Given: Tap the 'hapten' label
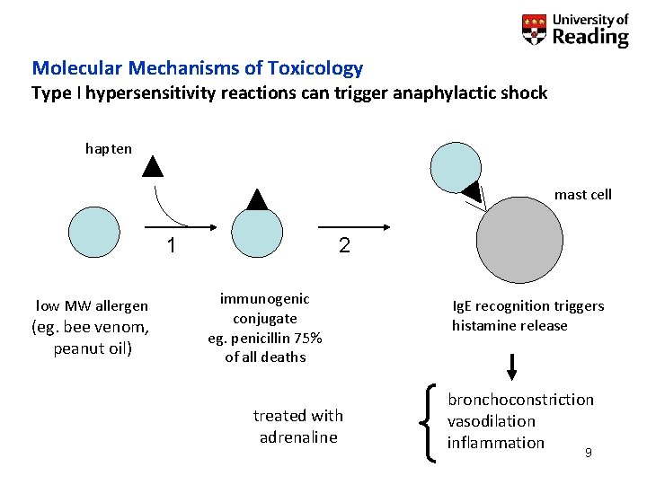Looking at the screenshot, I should [x=109, y=148].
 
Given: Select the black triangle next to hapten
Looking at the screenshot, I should [x=154, y=166].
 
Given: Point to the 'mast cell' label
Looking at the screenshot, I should [x=582, y=194].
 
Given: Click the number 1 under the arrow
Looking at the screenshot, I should [x=172, y=245].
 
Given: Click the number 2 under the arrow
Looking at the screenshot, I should [x=344, y=245].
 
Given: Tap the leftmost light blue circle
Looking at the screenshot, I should [x=94, y=233].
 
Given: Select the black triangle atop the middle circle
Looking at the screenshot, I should [x=257, y=198].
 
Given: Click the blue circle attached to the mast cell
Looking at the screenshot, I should [x=456, y=164].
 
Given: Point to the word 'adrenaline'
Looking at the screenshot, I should [x=298, y=437].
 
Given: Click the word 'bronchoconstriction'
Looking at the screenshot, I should [x=521, y=399].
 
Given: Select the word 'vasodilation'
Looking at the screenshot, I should [x=492, y=420].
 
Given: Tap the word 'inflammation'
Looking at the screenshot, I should [x=496, y=442].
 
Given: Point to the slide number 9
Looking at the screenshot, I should [x=588, y=453].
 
